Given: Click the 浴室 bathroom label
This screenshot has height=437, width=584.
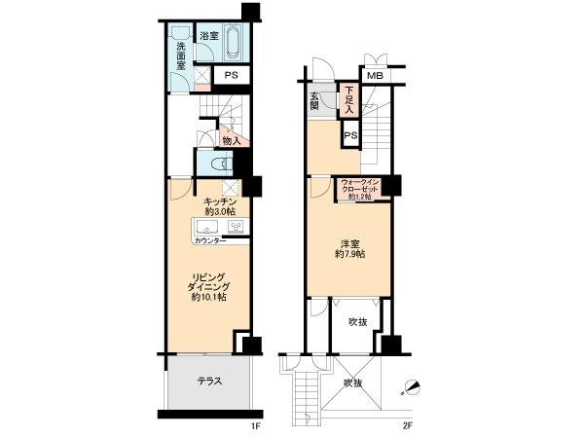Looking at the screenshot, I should point(209,36).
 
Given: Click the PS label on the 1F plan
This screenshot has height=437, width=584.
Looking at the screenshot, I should point(232,75).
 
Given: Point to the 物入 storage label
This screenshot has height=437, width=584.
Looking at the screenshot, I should point(232,141).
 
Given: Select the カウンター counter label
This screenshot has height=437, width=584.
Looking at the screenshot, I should point(209,239).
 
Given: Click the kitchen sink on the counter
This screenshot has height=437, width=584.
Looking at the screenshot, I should point(236,227).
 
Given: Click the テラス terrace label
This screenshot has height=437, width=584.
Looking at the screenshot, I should point(209,382).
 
